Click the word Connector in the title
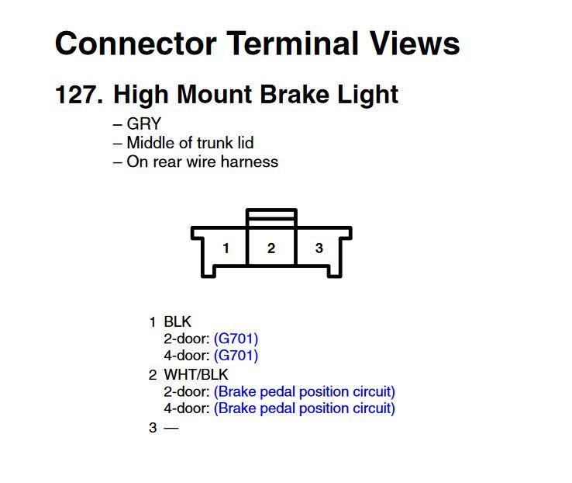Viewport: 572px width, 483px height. coord(136,43)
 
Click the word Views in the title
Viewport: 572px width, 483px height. coord(415,43)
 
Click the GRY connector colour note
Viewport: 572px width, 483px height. coord(143,123)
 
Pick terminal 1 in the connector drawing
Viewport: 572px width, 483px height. coord(226,248)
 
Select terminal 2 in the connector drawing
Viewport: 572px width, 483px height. coord(271,248)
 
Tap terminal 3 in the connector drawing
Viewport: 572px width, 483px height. coord(319,248)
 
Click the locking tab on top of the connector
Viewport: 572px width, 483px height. coord(271,217)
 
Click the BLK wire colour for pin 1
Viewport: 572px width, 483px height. coord(177,322)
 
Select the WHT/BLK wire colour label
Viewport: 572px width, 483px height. coord(196,375)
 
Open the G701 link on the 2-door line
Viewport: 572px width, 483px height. coord(236,339)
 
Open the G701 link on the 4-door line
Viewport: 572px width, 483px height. coord(236,356)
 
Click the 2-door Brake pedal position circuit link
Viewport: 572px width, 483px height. coord(305,391)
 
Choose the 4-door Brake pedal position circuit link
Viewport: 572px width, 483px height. coord(305,408)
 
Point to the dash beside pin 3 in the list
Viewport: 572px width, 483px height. coord(171,428)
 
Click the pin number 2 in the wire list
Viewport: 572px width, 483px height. coord(153,375)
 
